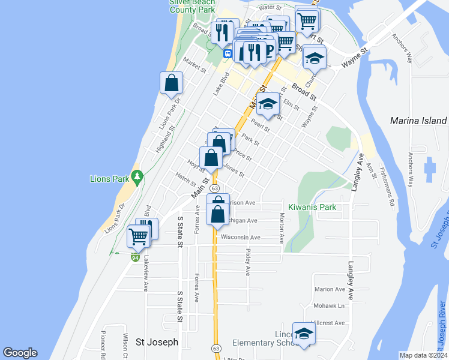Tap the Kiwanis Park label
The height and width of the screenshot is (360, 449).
click(x=312, y=207)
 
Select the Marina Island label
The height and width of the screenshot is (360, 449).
click(x=418, y=121)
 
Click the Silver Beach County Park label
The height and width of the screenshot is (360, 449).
click(x=192, y=5)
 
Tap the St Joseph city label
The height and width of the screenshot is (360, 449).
click(x=157, y=342)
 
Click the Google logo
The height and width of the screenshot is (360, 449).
click(x=20, y=353)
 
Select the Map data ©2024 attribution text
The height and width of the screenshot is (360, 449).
click(x=423, y=355)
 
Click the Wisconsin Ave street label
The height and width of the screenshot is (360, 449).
click(x=240, y=238)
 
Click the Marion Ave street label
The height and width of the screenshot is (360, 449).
click(x=330, y=289)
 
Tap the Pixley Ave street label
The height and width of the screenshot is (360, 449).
click(x=248, y=263)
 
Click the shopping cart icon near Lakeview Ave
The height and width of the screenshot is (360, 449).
click(x=139, y=237)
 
